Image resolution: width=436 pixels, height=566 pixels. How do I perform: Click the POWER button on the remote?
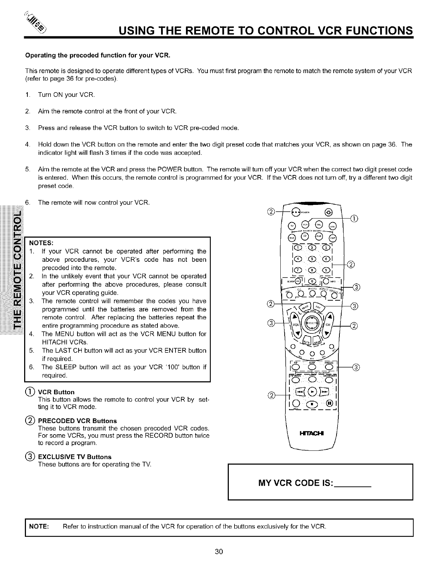coord(295,211)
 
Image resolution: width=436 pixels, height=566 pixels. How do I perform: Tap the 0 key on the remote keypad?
coord(312,281)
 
